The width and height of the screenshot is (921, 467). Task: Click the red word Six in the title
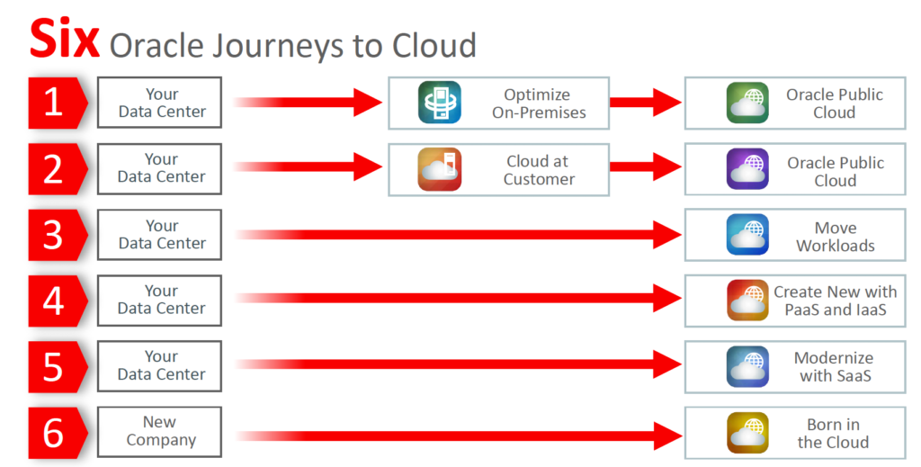(x=64, y=38)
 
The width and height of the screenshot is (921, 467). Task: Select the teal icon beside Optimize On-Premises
(x=439, y=103)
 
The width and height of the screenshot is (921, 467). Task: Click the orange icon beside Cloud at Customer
(x=439, y=169)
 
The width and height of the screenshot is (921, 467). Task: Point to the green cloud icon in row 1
(x=747, y=103)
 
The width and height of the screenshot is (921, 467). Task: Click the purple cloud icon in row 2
(x=747, y=169)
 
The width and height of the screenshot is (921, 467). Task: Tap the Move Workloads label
(x=835, y=237)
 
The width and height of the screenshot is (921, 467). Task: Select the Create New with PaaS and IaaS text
(x=835, y=301)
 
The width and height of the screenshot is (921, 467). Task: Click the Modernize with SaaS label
(x=835, y=366)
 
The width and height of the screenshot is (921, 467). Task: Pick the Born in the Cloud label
(x=833, y=433)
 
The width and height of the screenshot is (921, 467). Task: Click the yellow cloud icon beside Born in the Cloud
(x=747, y=432)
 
